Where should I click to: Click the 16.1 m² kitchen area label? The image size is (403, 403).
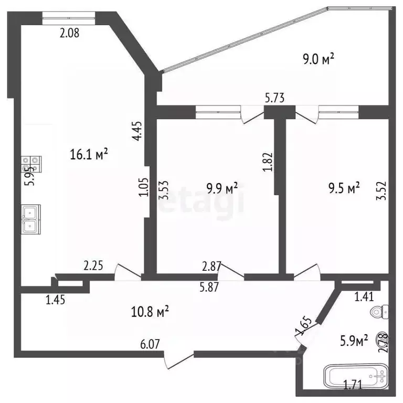[89, 154]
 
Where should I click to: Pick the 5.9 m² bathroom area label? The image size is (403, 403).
[354, 342]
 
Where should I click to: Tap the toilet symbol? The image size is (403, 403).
[379, 313]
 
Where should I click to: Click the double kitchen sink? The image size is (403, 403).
[29, 219]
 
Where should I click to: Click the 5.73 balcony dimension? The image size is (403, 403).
[274, 97]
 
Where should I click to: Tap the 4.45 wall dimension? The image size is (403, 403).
[137, 131]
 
